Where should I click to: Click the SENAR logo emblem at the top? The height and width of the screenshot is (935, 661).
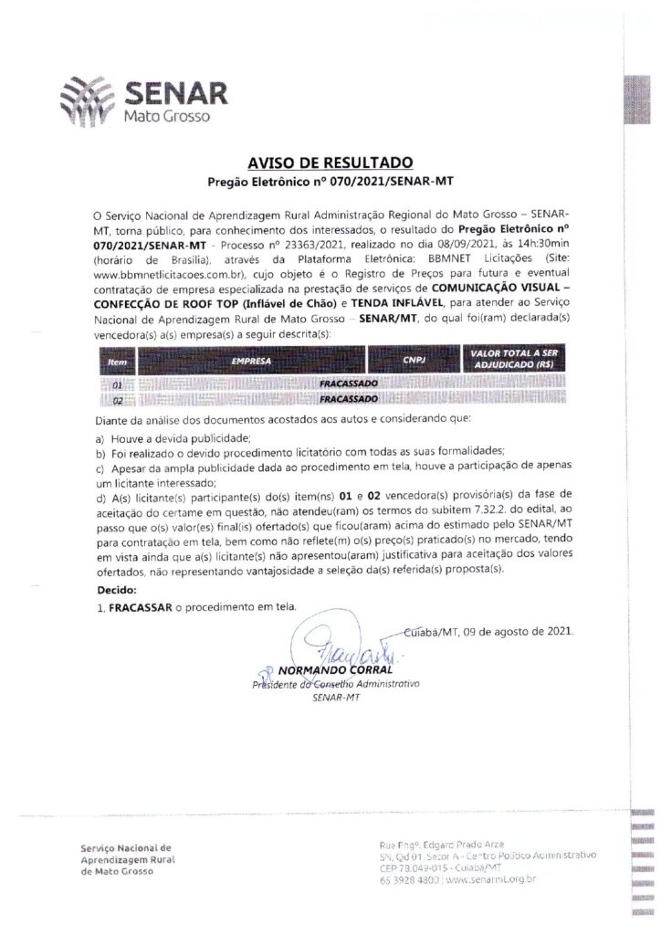[87, 98]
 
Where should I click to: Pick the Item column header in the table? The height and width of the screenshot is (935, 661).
[117, 362]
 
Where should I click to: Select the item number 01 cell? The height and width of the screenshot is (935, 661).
[117, 386]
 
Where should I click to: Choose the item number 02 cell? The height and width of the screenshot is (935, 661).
[117, 400]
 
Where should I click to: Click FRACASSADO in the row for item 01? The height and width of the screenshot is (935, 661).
[343, 385]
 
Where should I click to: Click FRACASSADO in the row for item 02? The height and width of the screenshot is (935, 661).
[343, 399]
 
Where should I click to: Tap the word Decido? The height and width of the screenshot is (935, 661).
[115, 590]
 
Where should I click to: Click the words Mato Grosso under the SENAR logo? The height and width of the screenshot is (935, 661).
[166, 118]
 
